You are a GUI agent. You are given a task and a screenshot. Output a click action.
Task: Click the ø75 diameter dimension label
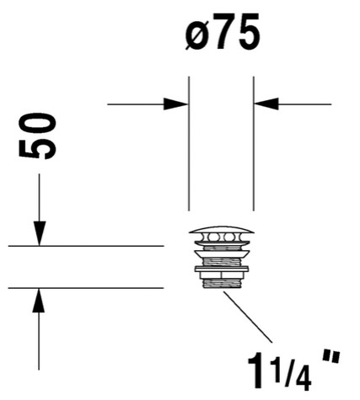[x=223, y=32]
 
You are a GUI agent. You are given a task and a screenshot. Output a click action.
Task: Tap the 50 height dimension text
[x=37, y=136]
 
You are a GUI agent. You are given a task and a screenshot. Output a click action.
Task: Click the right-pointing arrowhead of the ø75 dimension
[x=175, y=104]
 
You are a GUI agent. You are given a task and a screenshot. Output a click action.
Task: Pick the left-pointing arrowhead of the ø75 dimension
[x=266, y=104]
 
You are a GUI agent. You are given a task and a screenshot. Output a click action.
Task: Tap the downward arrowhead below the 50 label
[x=40, y=233]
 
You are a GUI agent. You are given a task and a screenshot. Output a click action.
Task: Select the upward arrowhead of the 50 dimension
[x=39, y=300]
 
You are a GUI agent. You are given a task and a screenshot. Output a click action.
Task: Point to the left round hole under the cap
[x=212, y=237]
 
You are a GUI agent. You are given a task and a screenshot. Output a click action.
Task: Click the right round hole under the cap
[x=230, y=237]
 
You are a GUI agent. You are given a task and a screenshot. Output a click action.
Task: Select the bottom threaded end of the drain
[x=222, y=284]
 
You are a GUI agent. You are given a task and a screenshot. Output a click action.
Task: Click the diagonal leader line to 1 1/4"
[x=248, y=317]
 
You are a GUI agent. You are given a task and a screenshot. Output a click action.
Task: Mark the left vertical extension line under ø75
[x=189, y=143]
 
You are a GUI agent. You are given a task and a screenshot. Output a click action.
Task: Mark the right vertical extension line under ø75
[x=254, y=143]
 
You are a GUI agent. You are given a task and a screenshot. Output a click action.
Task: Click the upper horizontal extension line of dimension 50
[x=86, y=246]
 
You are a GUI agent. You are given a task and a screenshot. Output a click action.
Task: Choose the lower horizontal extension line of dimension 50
[x=86, y=288]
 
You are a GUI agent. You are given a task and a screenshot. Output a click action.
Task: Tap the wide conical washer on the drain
[x=222, y=254]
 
